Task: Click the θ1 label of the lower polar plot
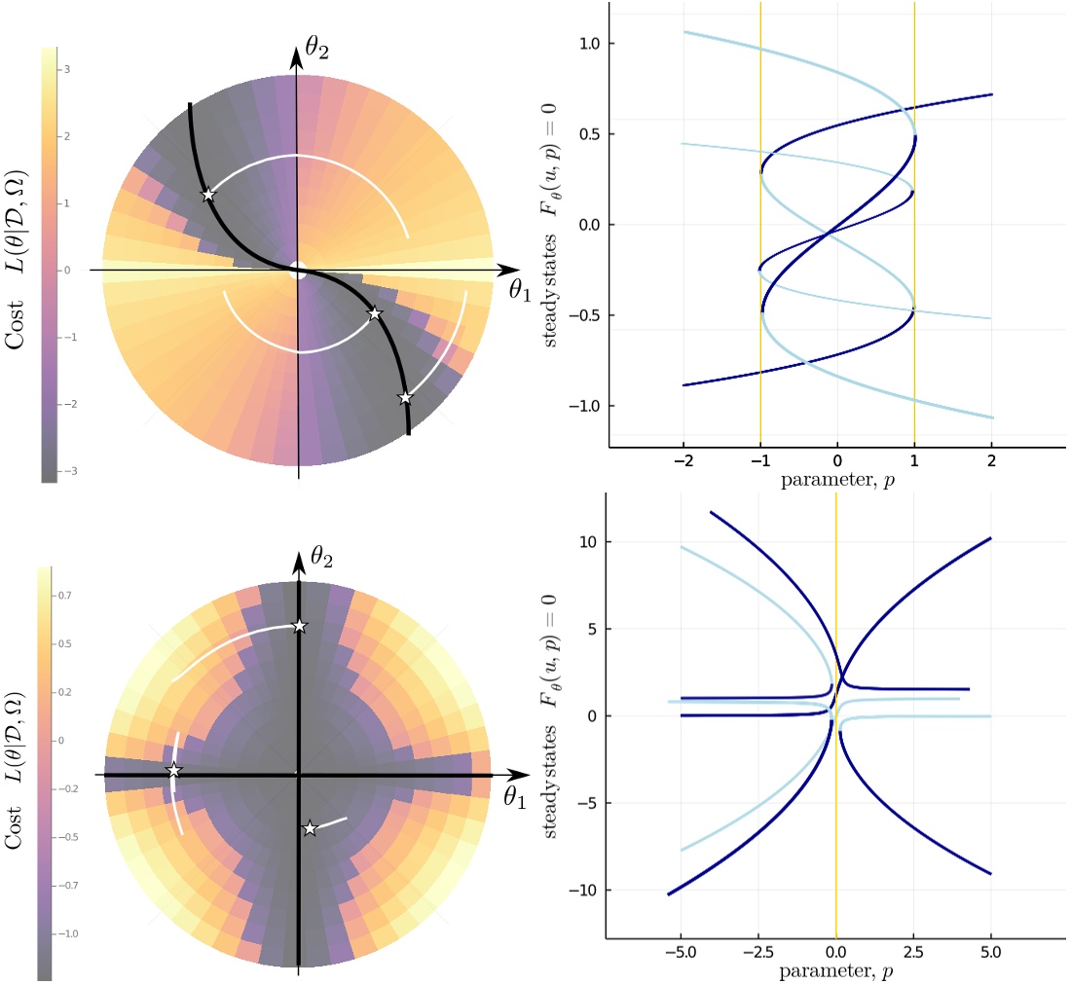click(x=521, y=796)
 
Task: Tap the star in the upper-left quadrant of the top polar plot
click(x=207, y=195)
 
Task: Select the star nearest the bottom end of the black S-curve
click(x=405, y=397)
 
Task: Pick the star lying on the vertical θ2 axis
click(x=299, y=625)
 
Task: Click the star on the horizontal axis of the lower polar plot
click(x=174, y=770)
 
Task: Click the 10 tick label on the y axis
click(x=587, y=541)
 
